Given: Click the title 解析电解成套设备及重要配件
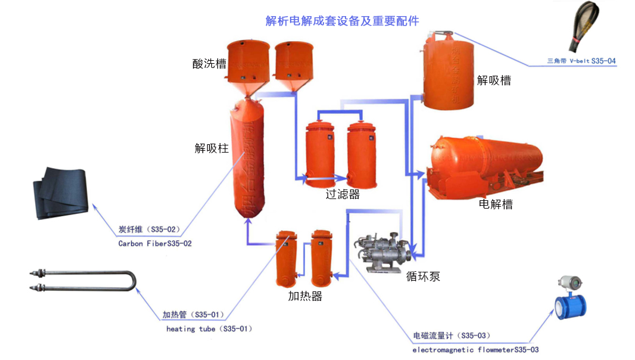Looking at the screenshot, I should [342, 21].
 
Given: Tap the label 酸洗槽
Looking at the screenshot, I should [209, 64].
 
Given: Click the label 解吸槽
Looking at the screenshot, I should [494, 80].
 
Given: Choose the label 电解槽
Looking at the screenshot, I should [496, 204].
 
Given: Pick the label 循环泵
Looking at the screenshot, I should [423, 276].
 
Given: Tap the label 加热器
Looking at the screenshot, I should [305, 296].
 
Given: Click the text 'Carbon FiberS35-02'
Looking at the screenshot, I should [155, 243].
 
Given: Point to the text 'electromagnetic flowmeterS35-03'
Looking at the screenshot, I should [475, 350].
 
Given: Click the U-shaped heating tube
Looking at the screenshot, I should [83, 281].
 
